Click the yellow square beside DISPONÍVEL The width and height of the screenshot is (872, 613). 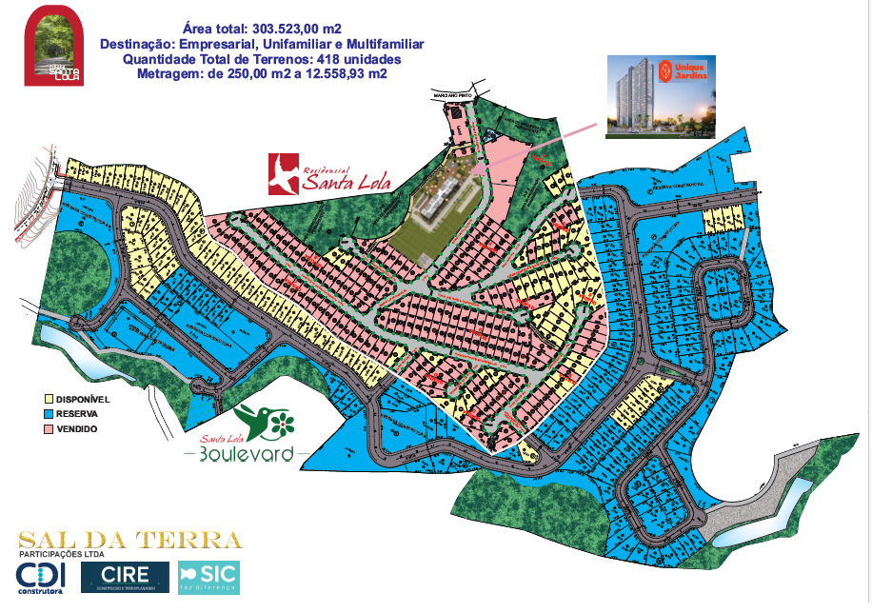pos(50,399)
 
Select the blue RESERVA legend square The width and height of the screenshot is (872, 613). pos(50,414)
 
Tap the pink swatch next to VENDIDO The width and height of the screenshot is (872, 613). pos(50,429)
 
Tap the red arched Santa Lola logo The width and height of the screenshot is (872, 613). pos(54,46)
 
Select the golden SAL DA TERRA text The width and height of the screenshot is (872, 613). pos(130,541)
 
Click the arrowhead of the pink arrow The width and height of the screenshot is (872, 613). pos(474,171)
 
